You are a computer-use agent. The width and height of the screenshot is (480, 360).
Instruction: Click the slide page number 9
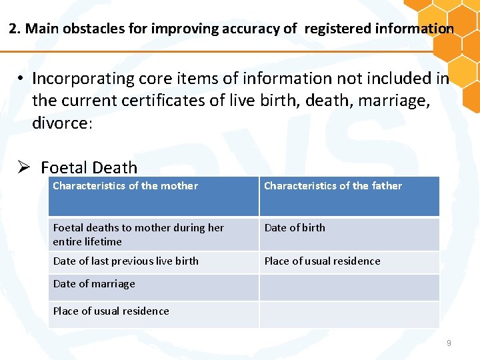(x=449, y=343)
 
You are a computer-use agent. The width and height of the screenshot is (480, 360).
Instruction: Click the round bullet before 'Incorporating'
(x=21, y=79)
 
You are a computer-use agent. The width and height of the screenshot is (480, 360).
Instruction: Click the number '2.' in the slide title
(x=15, y=29)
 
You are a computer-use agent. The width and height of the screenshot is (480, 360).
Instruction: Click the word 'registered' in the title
(x=337, y=29)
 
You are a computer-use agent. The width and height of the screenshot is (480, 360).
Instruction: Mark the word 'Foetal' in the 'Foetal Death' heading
(x=65, y=167)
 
